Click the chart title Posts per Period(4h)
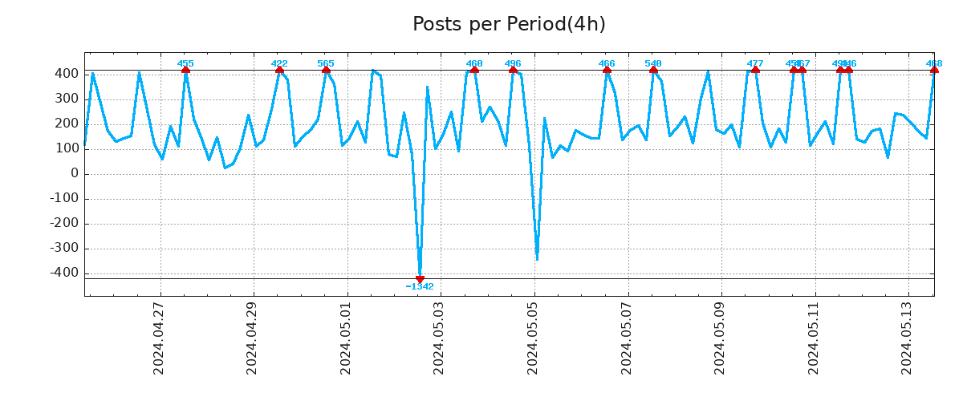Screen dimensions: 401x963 click(x=509, y=25)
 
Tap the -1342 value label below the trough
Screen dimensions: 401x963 click(x=420, y=287)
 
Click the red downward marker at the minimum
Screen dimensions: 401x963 click(x=420, y=279)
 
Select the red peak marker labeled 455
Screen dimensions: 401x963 click(x=185, y=70)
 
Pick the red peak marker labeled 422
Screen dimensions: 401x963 click(x=279, y=70)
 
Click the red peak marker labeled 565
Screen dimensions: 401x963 click(x=326, y=70)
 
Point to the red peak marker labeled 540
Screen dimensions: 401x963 click(x=653, y=70)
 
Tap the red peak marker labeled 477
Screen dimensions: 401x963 click(x=755, y=70)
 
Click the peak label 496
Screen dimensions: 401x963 click(x=513, y=63)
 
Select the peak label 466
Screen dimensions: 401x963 click(x=607, y=63)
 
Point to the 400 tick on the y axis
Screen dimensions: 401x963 click(x=67, y=74)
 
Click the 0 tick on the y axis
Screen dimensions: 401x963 click(x=74, y=173)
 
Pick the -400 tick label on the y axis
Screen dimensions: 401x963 click(x=63, y=273)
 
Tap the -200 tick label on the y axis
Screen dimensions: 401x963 click(x=63, y=224)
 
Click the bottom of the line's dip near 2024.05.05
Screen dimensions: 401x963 click(x=537, y=259)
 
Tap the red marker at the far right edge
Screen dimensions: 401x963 click(x=934, y=70)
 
